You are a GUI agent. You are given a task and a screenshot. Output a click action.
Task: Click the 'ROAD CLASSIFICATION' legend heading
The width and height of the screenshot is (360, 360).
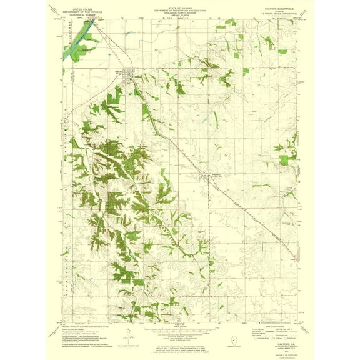click(274, 327)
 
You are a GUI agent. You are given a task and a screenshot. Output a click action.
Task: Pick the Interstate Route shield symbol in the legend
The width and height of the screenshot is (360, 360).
click(256, 337)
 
